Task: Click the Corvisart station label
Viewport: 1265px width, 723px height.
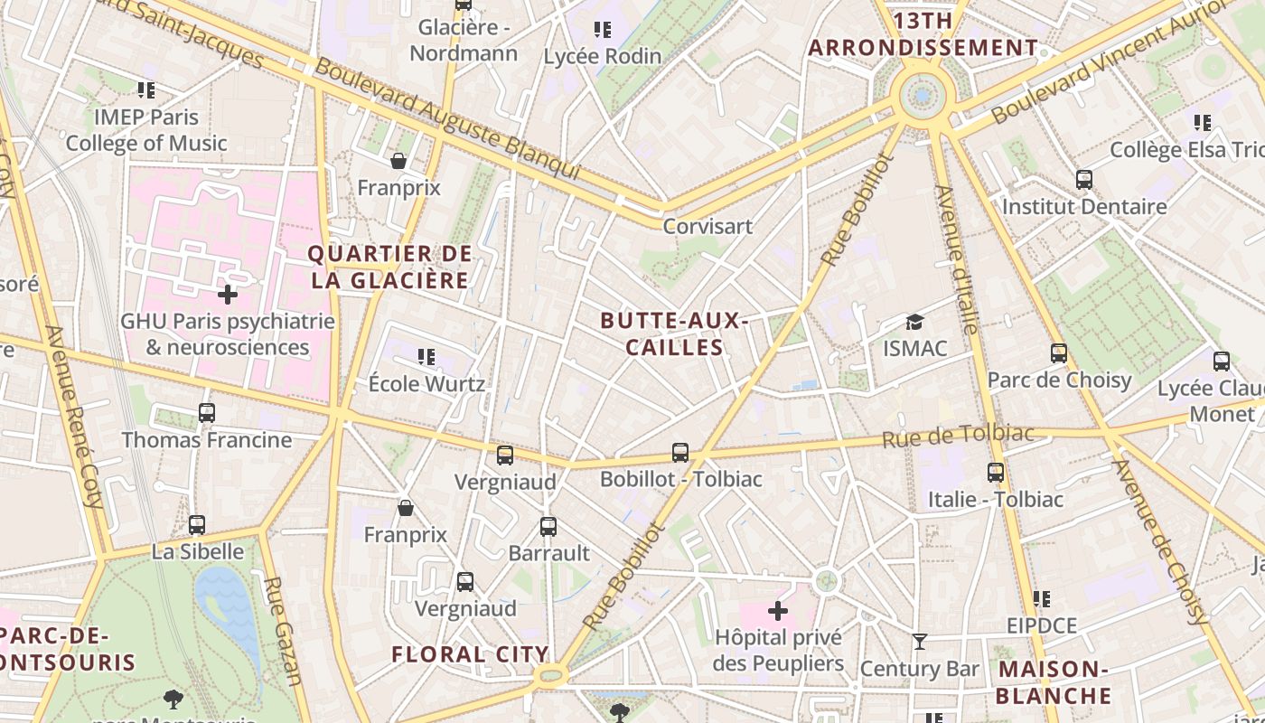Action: (707, 226)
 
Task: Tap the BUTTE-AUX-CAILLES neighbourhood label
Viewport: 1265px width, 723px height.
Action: (674, 334)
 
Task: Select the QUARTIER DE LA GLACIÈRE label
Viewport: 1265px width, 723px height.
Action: (390, 267)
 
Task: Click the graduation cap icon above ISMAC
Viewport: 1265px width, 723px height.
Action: (914, 323)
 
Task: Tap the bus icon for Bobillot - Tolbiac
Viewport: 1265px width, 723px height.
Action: (680, 453)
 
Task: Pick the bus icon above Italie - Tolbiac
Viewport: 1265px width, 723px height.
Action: (995, 473)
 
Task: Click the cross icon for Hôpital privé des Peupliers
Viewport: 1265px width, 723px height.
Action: (777, 612)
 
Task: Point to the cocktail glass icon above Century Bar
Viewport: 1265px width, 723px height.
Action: (920, 642)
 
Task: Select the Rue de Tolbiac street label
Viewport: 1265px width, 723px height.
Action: (958, 436)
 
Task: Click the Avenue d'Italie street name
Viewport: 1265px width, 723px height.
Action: (956, 259)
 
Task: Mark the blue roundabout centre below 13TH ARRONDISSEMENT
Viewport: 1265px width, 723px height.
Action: (922, 94)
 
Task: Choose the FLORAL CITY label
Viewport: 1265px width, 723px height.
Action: (470, 654)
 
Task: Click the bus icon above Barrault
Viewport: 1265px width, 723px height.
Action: (548, 527)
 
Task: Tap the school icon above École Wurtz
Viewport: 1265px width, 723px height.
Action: (426, 358)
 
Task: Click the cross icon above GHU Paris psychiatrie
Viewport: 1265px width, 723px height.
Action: (228, 295)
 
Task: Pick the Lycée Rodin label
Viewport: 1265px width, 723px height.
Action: (603, 56)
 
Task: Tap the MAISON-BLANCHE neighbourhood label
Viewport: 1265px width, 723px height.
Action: (1054, 682)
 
